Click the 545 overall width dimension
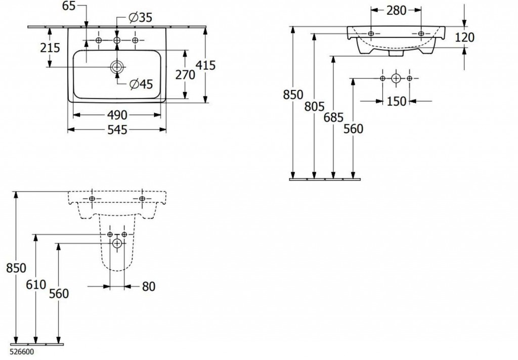(x=117, y=130)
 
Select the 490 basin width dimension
(x=117, y=115)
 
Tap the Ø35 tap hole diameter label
(x=141, y=18)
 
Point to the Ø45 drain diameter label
(x=142, y=84)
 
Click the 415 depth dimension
(x=206, y=65)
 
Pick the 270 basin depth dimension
(x=185, y=75)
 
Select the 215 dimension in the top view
(x=50, y=48)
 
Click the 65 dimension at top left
(x=69, y=6)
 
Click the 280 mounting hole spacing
(x=396, y=10)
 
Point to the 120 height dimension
(x=464, y=37)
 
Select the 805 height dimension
(x=315, y=106)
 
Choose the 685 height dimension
(x=334, y=117)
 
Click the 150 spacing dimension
(x=397, y=101)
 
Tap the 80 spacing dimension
(x=149, y=286)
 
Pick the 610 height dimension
(x=36, y=284)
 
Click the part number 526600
(x=22, y=352)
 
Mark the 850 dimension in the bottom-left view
(x=16, y=268)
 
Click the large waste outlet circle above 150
(x=396, y=78)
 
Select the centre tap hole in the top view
(x=117, y=40)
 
